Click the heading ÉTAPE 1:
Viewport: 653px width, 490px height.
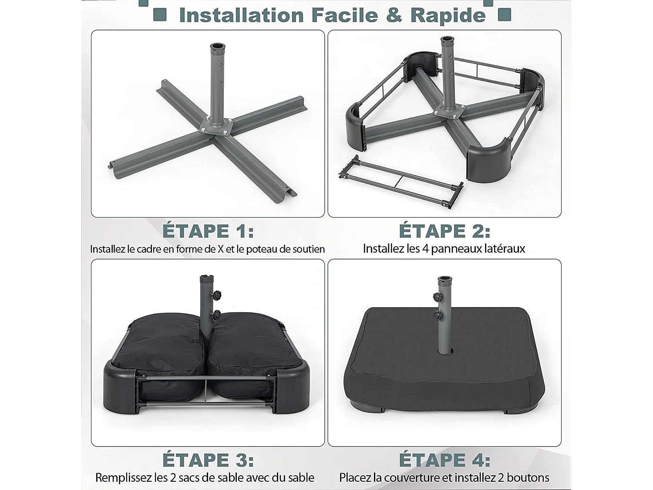coord(208,231)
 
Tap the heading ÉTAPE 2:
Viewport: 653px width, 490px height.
coord(444,231)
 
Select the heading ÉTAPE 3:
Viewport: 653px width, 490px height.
coord(208,460)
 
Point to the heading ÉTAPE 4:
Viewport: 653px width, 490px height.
coord(444,460)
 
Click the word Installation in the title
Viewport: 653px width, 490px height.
coord(241,15)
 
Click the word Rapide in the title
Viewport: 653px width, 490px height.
coord(448,15)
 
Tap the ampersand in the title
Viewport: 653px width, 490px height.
coord(394,15)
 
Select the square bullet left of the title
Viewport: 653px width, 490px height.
coord(160,15)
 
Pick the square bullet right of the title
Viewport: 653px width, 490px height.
coord(504,15)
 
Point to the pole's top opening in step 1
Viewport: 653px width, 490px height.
coord(218,47)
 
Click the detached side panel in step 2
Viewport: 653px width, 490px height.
coord(401,182)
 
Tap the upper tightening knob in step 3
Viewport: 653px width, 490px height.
coord(216,295)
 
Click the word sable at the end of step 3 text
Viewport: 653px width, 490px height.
coord(301,478)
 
